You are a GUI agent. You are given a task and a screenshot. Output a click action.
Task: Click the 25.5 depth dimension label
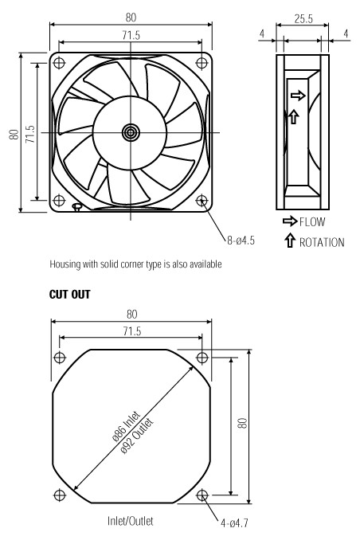[303, 19]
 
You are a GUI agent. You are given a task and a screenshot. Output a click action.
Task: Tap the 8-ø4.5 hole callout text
[241, 241]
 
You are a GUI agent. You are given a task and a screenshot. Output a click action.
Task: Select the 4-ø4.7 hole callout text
[234, 523]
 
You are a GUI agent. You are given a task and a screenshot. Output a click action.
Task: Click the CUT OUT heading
[69, 295]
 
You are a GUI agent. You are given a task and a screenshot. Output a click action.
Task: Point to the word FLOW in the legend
[312, 221]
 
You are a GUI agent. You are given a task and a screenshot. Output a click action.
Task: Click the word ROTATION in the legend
[322, 242]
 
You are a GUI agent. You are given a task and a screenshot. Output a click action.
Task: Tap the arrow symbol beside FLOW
[290, 221]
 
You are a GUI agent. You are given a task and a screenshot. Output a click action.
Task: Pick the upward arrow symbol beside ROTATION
[290, 241]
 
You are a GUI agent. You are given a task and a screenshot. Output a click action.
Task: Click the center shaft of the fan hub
[131, 132]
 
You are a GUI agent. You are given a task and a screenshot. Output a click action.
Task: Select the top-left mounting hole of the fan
[59, 63]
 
